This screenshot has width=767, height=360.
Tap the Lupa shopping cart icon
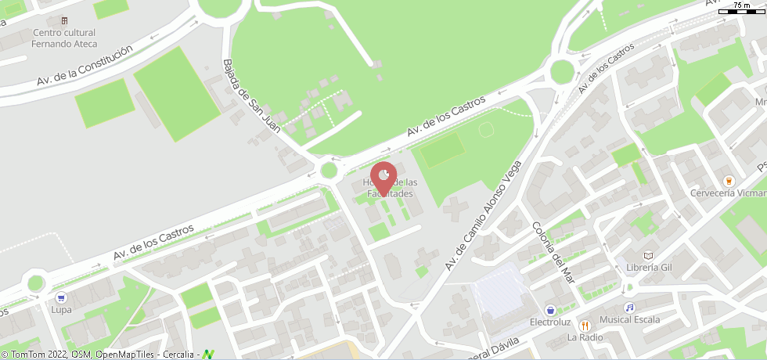point(60,297)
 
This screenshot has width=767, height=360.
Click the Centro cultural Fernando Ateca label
point(64,38)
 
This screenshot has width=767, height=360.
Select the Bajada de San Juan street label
point(251,97)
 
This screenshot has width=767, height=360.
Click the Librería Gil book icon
point(648,255)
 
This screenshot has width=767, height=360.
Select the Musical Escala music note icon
point(629,308)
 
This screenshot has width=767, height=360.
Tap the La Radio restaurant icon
point(585,326)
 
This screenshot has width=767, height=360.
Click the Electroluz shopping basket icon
point(551,310)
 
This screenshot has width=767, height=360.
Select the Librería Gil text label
point(649,268)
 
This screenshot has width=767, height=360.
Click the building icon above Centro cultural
point(64,20)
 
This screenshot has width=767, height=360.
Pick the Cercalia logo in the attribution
point(207,355)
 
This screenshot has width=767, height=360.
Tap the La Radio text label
point(585,338)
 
